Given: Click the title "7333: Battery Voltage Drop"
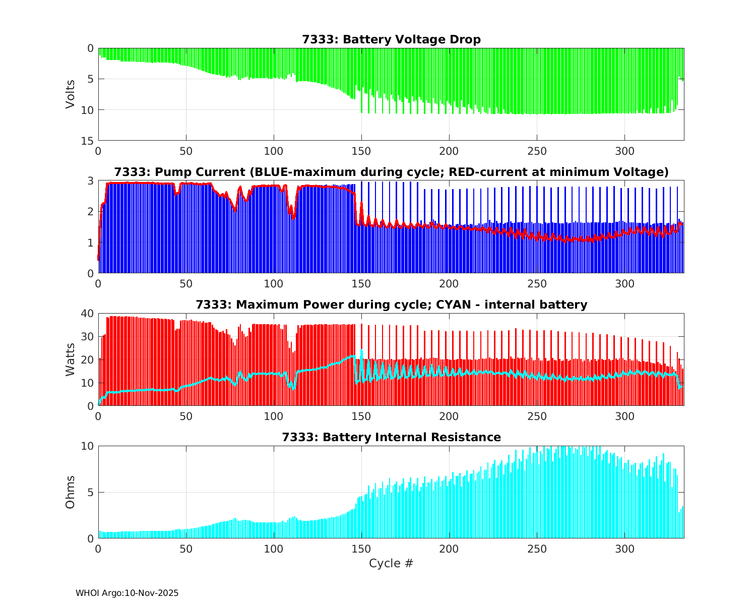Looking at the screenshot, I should tap(391, 39).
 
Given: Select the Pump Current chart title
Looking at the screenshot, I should tap(391, 172).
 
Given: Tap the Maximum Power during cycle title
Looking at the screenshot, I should tap(391, 305).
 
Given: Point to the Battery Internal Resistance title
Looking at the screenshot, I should tap(391, 437).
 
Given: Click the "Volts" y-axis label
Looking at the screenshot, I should tap(70, 94).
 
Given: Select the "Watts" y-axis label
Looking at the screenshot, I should tap(70, 359).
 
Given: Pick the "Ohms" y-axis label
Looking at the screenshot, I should tap(70, 492).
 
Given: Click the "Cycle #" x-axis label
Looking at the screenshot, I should tap(391, 563).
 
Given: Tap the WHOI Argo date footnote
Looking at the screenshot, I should tap(127, 593).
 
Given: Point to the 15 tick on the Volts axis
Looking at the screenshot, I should tap(88, 141).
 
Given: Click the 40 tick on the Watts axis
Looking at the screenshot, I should tap(88, 314).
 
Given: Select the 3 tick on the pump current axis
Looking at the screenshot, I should tap(91, 181).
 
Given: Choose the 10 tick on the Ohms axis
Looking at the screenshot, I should tap(88, 446).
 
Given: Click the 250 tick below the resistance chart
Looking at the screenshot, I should tap(537, 549).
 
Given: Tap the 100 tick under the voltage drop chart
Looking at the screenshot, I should tap(274, 151).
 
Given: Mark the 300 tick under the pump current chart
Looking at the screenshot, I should tap(624, 283).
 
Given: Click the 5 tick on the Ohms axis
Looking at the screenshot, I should tap(91, 492).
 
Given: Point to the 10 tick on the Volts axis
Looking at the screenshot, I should tap(88, 110).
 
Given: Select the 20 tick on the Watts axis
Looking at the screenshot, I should tap(88, 359).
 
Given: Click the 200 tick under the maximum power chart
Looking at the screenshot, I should tap(449, 416).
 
